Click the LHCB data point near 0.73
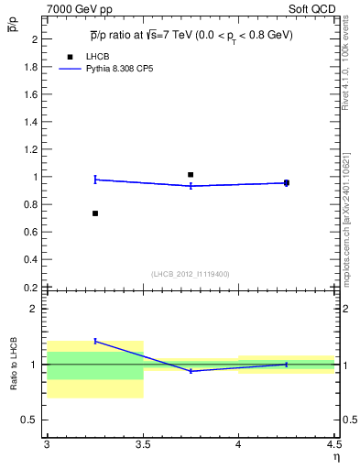coord(95,213)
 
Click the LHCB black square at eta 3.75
coord(191,174)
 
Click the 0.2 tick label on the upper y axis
coord(32,287)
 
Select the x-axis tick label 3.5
coord(143,444)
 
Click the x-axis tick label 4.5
coord(333,444)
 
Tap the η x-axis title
coord(335,456)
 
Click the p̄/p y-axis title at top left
coord(13,28)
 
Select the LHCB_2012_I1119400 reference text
coord(191,274)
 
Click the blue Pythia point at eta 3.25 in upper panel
coord(95,180)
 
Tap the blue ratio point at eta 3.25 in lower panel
coord(95,341)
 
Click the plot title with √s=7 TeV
coord(191,35)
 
